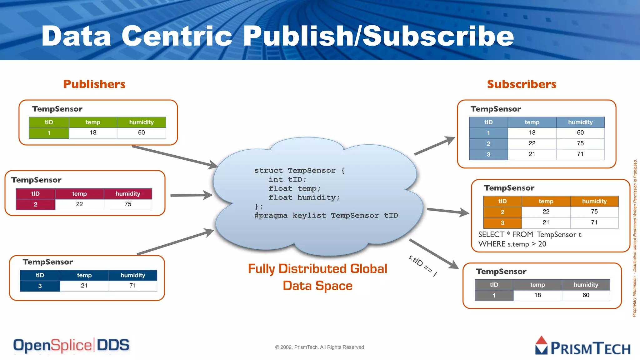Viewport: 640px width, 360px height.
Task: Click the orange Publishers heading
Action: click(94, 84)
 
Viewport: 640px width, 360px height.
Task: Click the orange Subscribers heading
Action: click(522, 84)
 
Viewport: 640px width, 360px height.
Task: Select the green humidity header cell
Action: click(141, 122)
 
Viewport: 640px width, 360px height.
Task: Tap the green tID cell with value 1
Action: click(49, 133)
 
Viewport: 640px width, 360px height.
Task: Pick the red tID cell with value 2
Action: click(35, 204)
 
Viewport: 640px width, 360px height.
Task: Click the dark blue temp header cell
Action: click(84, 275)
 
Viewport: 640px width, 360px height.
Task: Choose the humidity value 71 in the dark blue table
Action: click(133, 286)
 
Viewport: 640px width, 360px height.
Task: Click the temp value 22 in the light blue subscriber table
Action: click(532, 143)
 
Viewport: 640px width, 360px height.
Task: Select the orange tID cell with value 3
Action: click(502, 223)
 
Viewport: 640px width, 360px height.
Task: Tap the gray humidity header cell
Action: click(586, 285)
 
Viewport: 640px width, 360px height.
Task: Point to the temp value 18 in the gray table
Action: click(537, 295)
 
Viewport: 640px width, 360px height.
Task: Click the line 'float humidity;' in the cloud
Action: click(304, 197)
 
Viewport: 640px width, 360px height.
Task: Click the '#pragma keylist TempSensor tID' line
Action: click(326, 216)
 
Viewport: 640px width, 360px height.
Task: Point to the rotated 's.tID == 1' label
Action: click(422, 266)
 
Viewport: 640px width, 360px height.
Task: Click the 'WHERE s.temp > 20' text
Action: click(512, 244)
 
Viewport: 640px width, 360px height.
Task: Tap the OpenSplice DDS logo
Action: click(71, 345)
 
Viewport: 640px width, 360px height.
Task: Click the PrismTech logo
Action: click(582, 346)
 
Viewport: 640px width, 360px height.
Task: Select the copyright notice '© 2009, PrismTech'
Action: click(319, 347)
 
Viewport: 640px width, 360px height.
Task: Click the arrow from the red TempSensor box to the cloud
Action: click(191, 195)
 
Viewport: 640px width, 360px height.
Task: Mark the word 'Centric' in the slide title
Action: click(177, 36)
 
